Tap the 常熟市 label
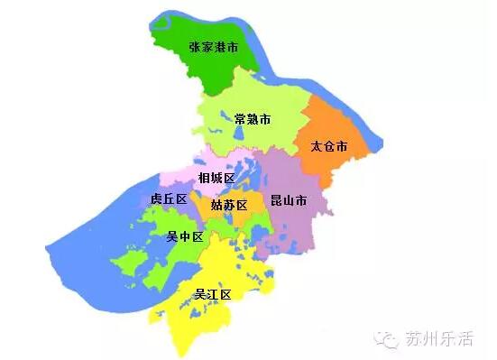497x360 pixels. tap(252, 119)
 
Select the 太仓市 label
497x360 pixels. tap(328, 145)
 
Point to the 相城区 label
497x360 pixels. tap(216, 178)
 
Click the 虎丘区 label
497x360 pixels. tap(169, 198)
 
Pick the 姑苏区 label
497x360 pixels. tap(229, 205)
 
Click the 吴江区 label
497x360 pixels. tap(214, 294)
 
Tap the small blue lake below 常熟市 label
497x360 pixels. tap(238, 136)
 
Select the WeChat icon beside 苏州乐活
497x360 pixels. tap(388, 339)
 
